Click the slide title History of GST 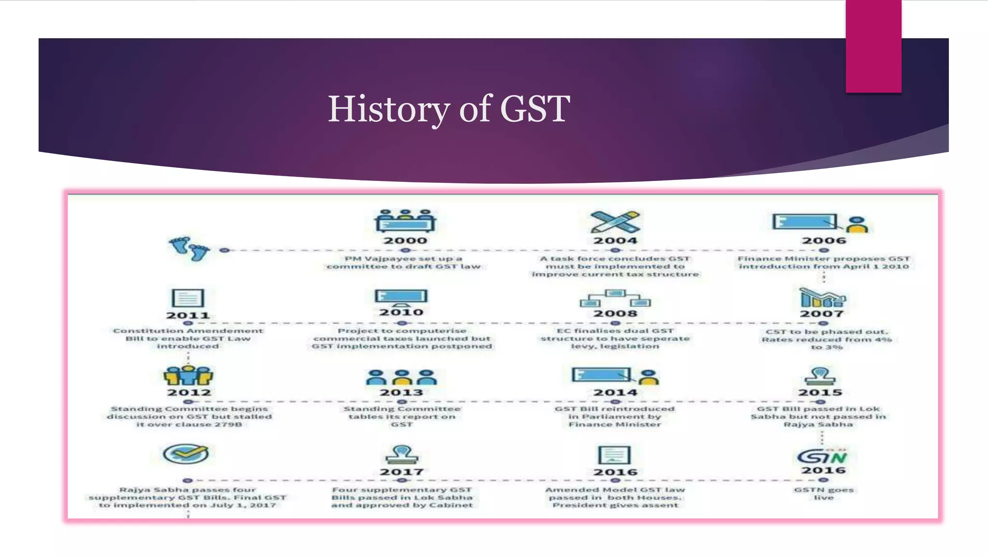point(449,109)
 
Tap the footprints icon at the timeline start point(189,248)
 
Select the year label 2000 point(405,240)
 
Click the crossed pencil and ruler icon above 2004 point(615,222)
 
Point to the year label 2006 point(824,240)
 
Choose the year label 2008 point(615,313)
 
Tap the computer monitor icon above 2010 point(401,297)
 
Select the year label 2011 point(188,315)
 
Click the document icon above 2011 point(188,298)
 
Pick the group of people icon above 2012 point(188,375)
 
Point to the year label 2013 point(401,392)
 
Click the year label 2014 point(615,392)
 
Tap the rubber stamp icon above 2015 point(820,375)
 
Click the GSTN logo point(822,456)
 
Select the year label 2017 point(401,472)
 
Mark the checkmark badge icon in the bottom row point(186,454)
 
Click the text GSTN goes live point(823,493)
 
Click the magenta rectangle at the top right point(873,46)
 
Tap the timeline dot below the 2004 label point(615,250)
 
